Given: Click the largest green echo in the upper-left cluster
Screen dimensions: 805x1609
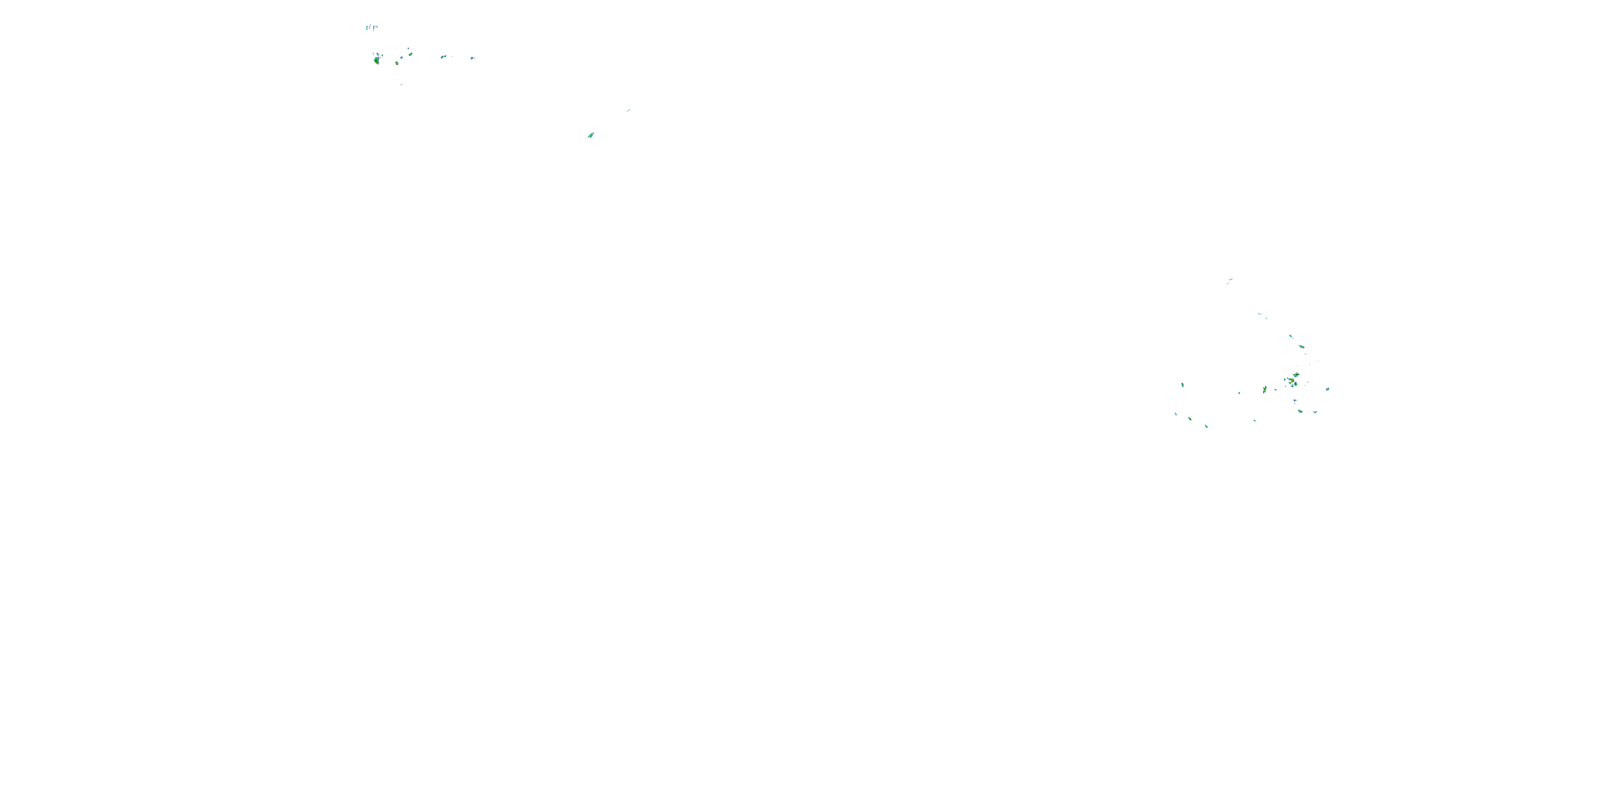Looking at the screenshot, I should [x=376, y=61].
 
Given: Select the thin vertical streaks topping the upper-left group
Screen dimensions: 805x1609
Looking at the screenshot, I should [x=371, y=27].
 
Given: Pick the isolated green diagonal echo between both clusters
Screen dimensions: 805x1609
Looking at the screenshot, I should [x=591, y=135].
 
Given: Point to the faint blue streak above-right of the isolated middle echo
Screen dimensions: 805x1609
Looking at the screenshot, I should [x=629, y=111].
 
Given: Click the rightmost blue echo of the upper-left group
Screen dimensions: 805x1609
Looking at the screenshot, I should [x=472, y=58].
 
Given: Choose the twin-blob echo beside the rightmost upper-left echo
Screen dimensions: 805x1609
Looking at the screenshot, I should [x=444, y=57].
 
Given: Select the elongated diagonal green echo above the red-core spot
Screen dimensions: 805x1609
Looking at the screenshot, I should [x=410, y=54].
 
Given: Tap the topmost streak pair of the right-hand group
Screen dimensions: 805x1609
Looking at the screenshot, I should [x=1229, y=281].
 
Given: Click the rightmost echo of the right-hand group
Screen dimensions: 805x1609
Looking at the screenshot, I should [x=1327, y=389].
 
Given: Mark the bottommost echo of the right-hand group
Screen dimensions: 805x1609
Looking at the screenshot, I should [x=1206, y=426].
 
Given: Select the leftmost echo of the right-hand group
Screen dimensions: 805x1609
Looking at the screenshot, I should [x=1176, y=414].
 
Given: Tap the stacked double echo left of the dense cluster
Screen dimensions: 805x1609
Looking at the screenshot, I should [x=1264, y=390].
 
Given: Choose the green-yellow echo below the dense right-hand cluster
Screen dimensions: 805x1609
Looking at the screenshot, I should [x=1300, y=411].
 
